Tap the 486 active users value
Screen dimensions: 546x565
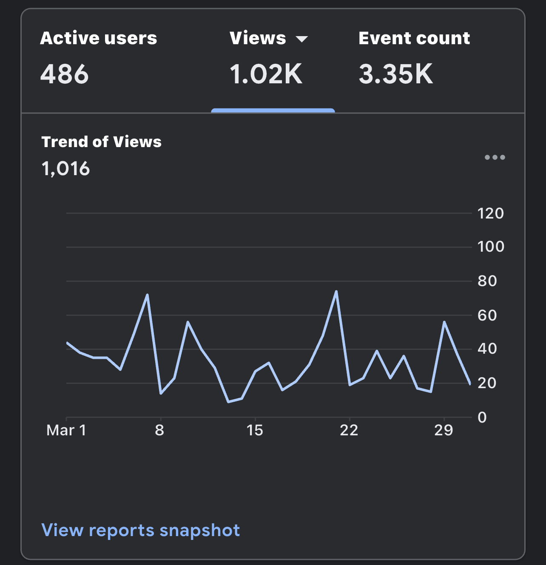64,74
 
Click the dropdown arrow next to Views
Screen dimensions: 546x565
302,39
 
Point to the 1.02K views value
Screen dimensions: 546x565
266,74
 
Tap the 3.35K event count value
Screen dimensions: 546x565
395,74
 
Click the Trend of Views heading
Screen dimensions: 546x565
101,142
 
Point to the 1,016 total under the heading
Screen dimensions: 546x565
65,168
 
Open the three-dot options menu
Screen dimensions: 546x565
495,157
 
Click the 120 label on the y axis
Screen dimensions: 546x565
491,213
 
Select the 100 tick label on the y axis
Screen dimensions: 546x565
491,247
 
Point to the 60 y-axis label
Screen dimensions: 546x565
487,315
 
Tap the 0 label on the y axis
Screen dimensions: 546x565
482,417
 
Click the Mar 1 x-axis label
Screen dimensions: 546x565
66,430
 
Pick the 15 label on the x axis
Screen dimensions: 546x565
255,430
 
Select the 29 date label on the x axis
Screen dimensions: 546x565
444,430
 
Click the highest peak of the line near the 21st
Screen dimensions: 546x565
336,291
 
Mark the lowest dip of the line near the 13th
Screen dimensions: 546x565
229,402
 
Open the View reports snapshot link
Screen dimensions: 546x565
141,530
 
